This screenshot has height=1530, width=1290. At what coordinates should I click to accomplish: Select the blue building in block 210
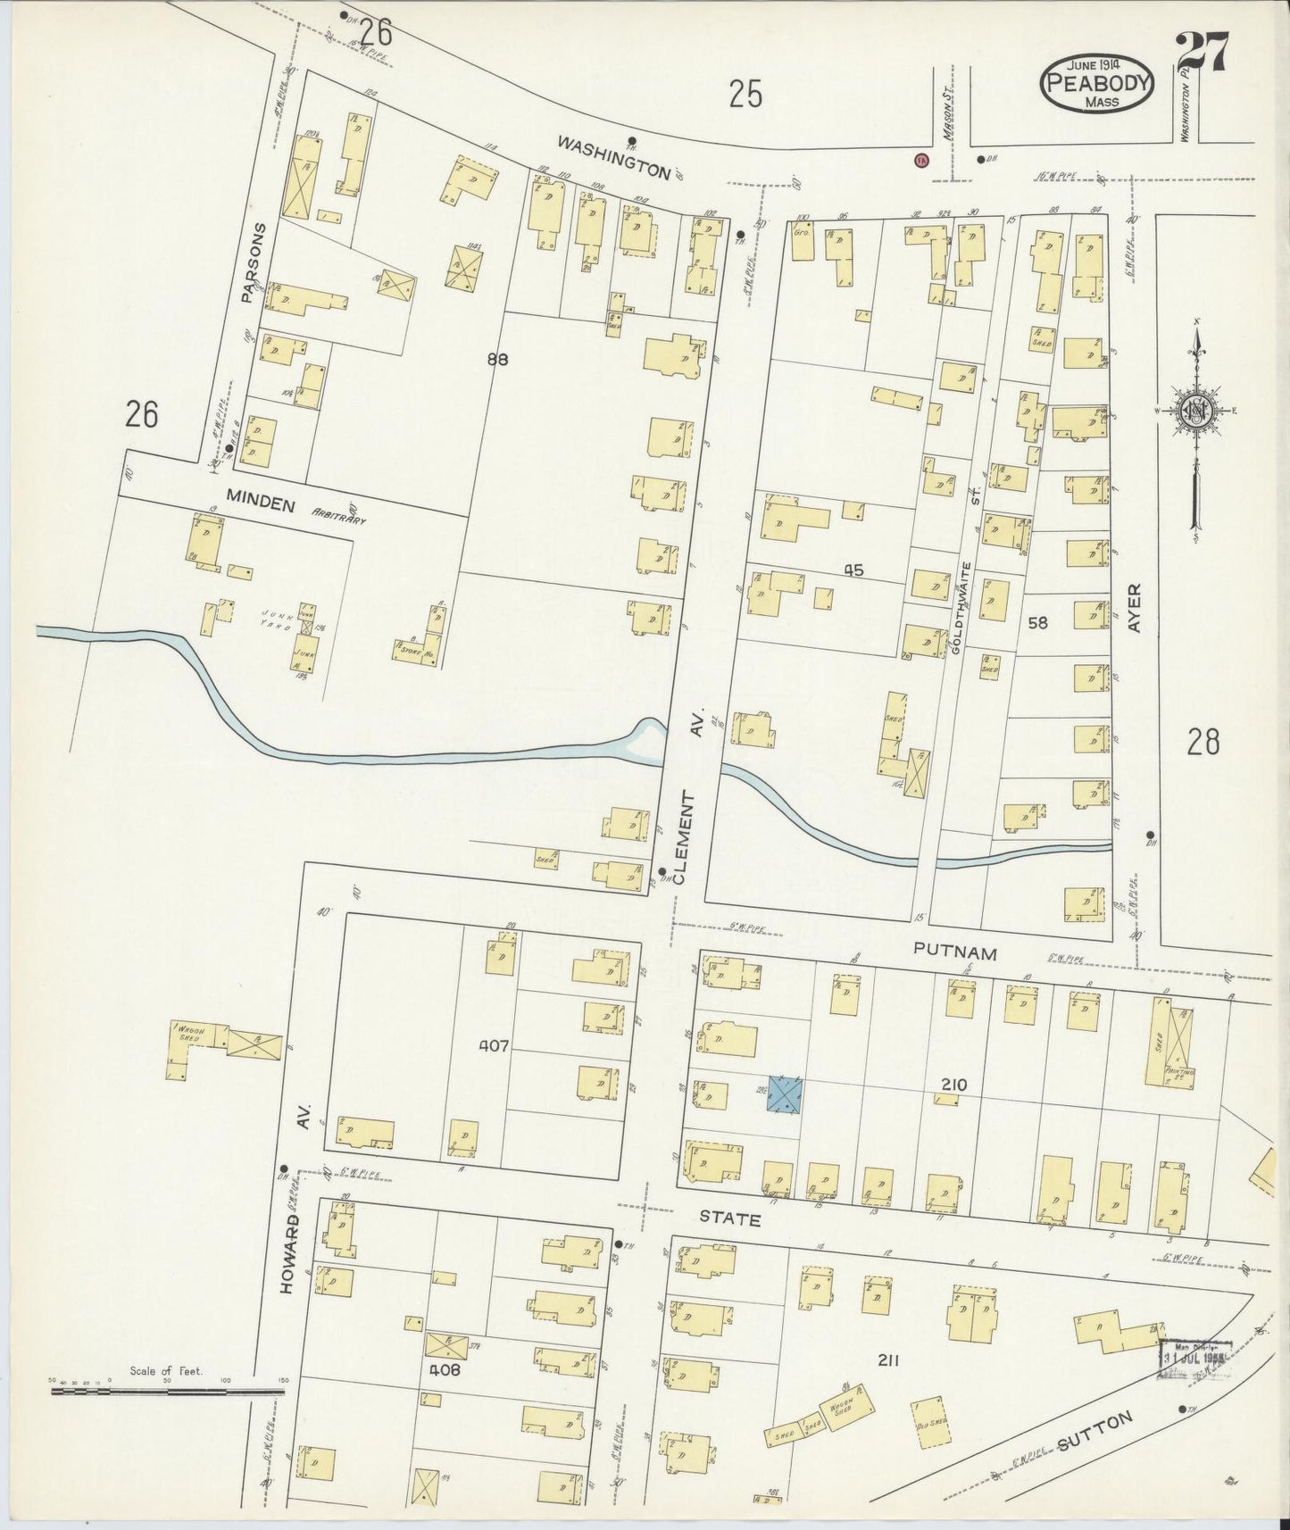pyautogui.click(x=785, y=1093)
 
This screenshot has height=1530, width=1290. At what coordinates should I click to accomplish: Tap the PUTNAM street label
pyautogui.click(x=954, y=953)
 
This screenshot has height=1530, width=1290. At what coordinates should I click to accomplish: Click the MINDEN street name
pyautogui.click(x=260, y=505)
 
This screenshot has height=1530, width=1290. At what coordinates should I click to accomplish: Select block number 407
pyautogui.click(x=493, y=1045)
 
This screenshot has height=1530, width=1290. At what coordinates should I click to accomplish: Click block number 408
pyautogui.click(x=443, y=1369)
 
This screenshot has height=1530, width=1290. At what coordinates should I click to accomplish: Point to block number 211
pyautogui.click(x=886, y=1360)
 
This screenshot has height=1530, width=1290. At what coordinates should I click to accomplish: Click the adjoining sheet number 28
pyautogui.click(x=1203, y=742)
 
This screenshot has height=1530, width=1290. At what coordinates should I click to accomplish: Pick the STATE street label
pyautogui.click(x=729, y=1218)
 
